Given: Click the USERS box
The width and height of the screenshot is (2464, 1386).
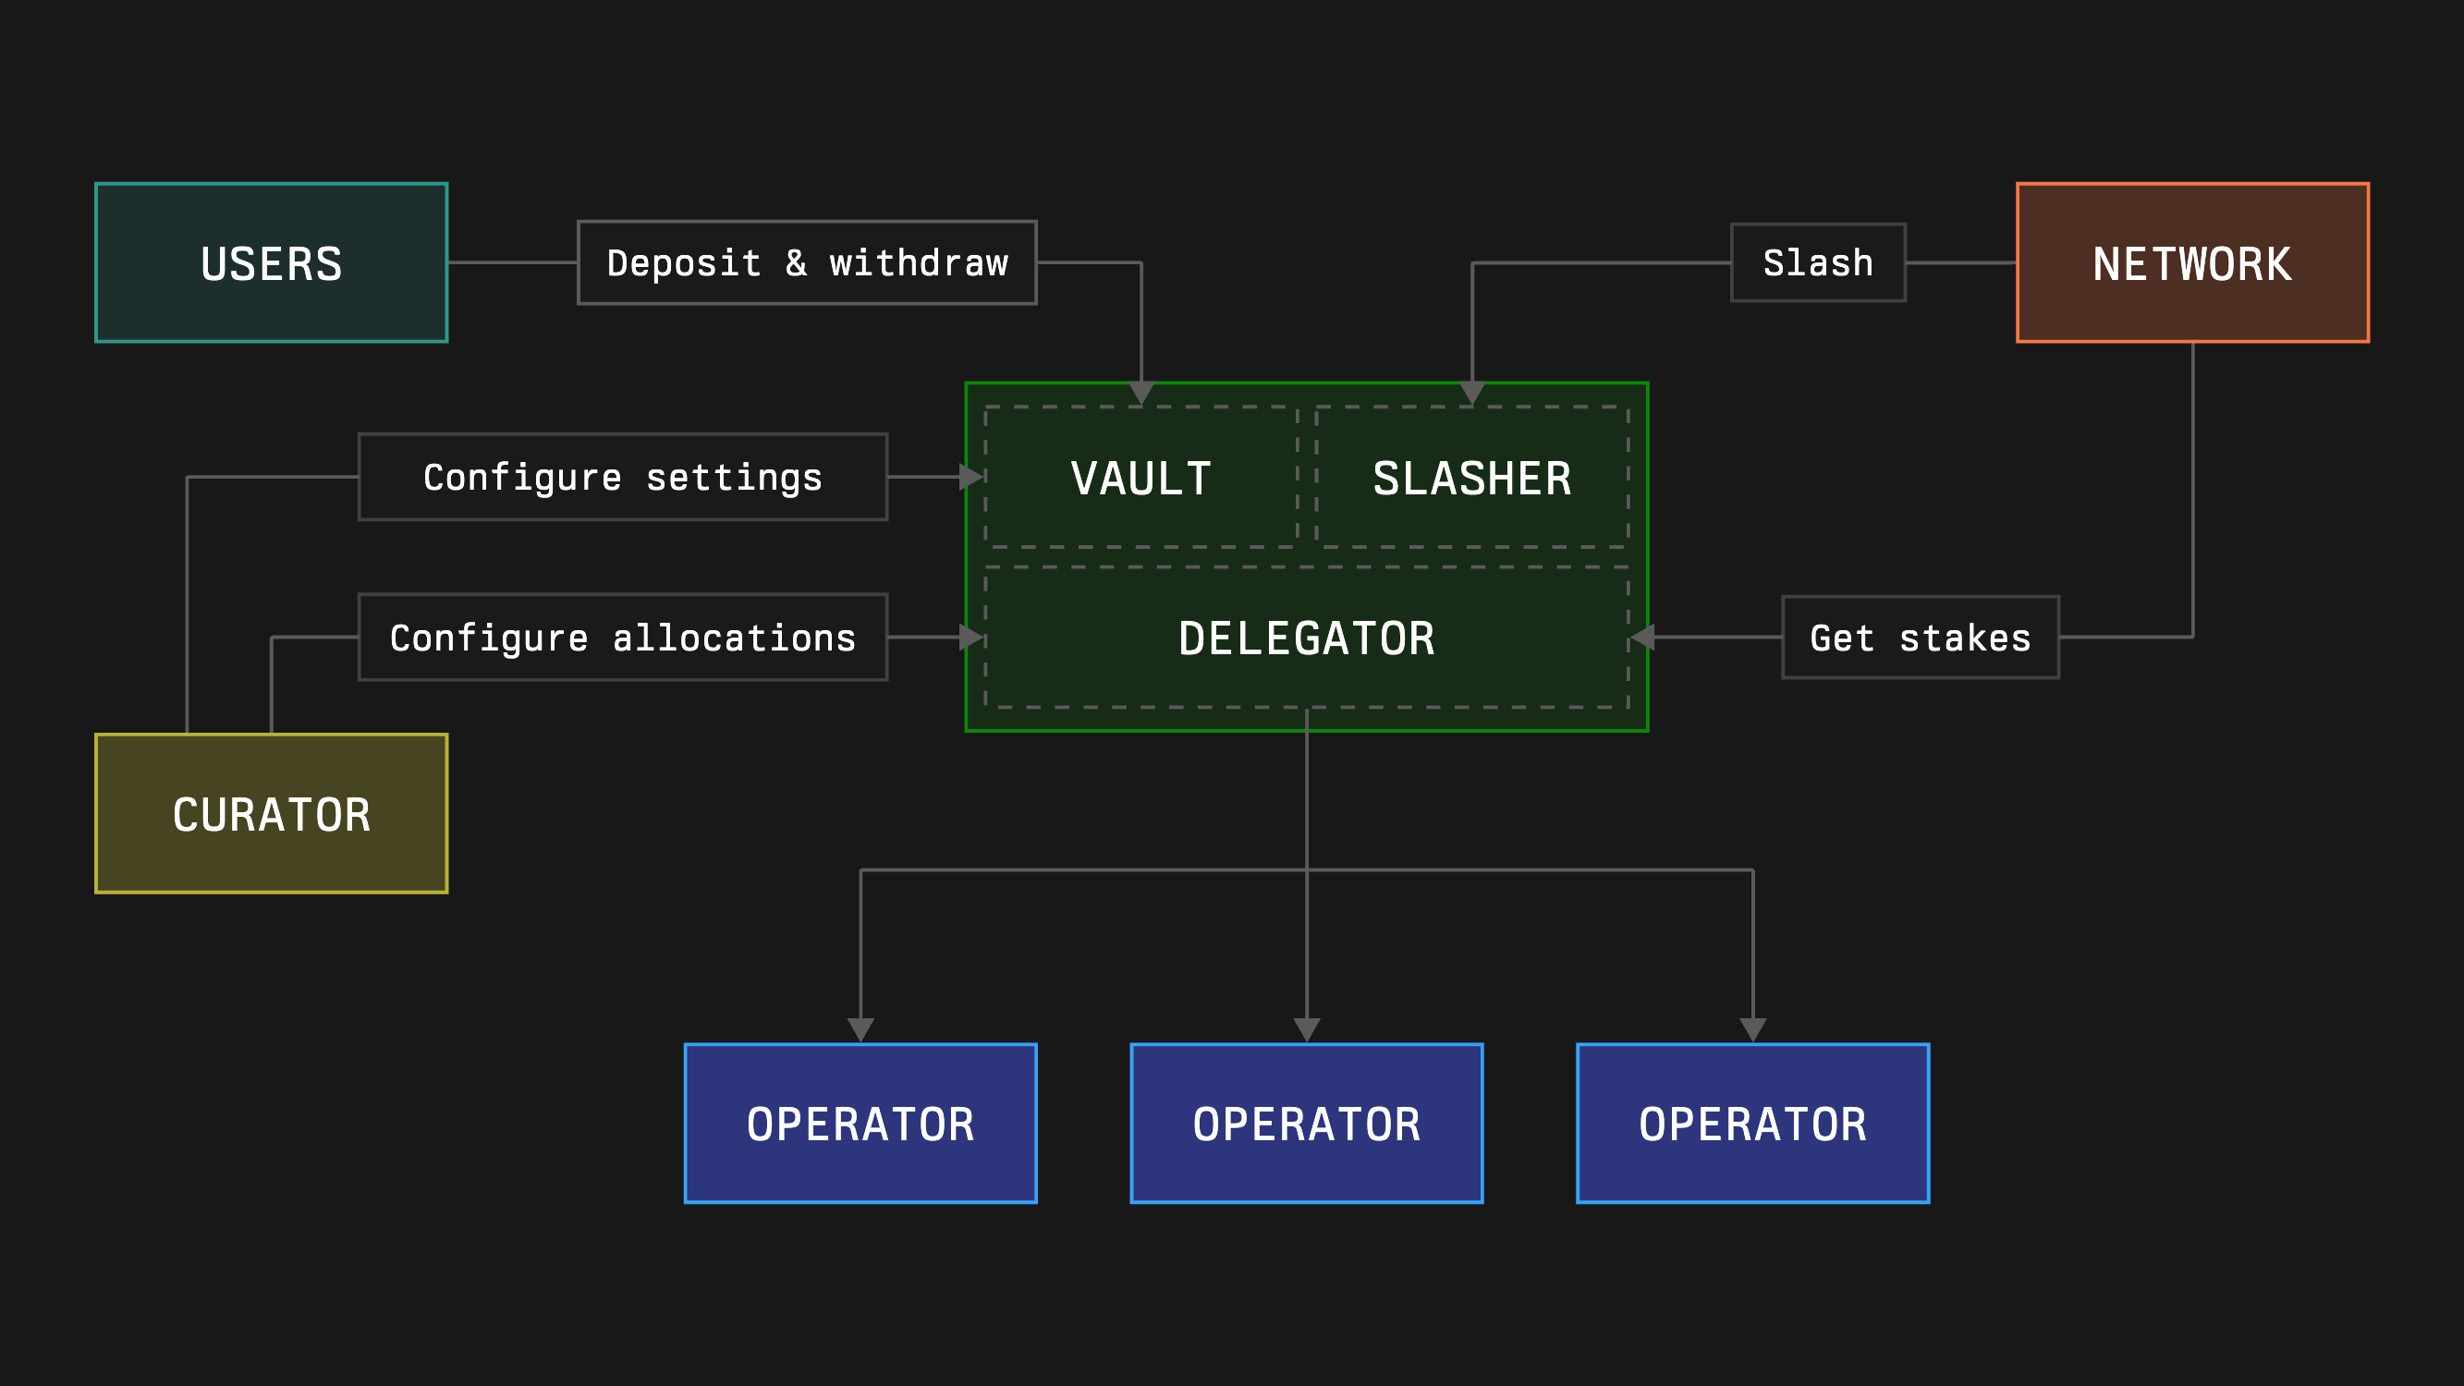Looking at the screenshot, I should pos(272,262).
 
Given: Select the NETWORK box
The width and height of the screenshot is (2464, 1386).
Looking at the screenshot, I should pos(2192,262).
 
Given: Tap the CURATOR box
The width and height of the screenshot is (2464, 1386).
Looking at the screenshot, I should pos(272,813).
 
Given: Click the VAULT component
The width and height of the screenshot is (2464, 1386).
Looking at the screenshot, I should pos(1141,478).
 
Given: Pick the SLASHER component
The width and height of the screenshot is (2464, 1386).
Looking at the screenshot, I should pos(1472,478).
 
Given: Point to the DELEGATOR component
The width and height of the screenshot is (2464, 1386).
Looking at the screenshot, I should pos(1307,637).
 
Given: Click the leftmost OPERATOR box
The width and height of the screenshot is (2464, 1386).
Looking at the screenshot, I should pos(860,1123).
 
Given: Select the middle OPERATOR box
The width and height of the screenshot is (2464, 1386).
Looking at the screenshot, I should pos(1307,1123).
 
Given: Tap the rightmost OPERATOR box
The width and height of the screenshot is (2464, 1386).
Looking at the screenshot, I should pos(1752,1123).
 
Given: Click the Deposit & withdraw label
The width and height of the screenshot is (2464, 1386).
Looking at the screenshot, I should pos(807,262).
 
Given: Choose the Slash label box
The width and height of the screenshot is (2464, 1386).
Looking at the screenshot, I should pos(1817,262).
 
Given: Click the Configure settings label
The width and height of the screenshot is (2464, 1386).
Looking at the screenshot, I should pos(623,477).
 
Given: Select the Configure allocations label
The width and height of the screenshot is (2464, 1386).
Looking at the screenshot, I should pos(623,637).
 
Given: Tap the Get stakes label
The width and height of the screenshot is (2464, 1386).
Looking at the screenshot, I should pos(1920,637).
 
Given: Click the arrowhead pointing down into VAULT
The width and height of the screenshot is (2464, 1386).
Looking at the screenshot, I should pos(1141,393).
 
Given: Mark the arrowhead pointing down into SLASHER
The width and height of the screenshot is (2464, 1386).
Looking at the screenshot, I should pos(1472,393).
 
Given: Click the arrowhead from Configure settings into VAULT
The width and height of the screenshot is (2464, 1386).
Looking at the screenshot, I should pos(970,477).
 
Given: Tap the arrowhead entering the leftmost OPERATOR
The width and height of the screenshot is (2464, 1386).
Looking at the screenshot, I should pos(860,1029).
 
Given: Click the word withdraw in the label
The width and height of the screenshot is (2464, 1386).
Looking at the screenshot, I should pos(919,262).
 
